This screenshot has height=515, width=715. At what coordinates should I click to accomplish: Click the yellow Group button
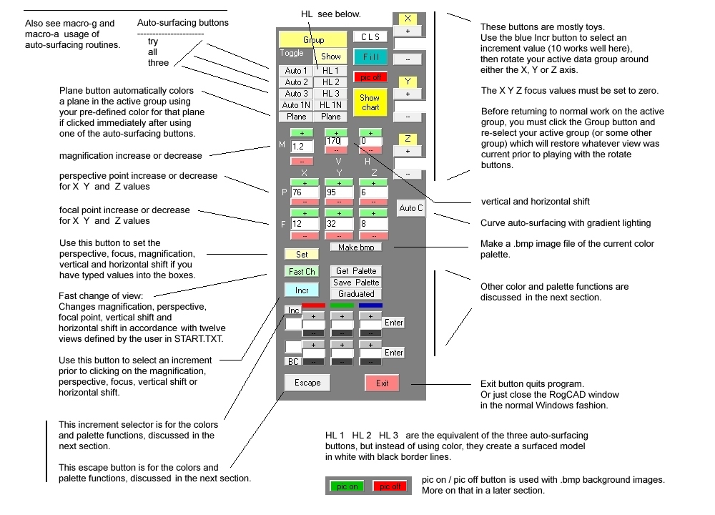(x=313, y=40)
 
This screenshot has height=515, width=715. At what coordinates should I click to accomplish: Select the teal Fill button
(x=370, y=57)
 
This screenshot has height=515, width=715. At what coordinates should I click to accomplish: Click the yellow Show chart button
(x=370, y=102)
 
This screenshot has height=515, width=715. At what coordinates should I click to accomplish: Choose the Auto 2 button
(x=296, y=82)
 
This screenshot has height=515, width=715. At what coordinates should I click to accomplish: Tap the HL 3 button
(x=330, y=94)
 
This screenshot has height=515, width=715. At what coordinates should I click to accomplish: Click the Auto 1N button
(x=296, y=105)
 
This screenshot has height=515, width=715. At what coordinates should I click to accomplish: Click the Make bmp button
(x=356, y=247)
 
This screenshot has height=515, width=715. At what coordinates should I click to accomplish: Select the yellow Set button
(x=302, y=254)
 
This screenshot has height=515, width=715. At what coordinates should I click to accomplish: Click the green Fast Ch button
(x=302, y=272)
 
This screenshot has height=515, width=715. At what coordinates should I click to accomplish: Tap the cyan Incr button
(x=302, y=290)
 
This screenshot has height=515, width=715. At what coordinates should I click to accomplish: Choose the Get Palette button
(x=356, y=271)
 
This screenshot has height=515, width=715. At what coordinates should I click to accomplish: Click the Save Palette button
(x=356, y=283)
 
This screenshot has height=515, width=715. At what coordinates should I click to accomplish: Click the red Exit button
(x=382, y=383)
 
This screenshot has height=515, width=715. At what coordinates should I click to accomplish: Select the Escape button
(x=307, y=383)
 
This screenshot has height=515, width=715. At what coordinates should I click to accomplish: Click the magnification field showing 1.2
(x=302, y=147)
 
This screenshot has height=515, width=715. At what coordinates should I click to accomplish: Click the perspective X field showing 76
(x=302, y=192)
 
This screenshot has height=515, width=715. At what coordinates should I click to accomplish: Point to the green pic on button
(x=347, y=486)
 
